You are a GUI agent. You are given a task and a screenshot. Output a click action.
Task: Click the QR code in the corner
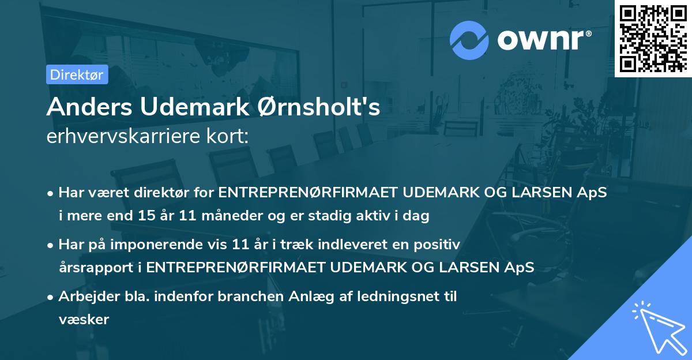click(653, 38)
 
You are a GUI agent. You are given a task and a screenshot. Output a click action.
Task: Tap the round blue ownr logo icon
click(469, 40)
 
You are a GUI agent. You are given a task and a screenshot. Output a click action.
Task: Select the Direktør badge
click(77, 75)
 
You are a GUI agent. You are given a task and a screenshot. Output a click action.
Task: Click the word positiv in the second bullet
click(438, 245)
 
